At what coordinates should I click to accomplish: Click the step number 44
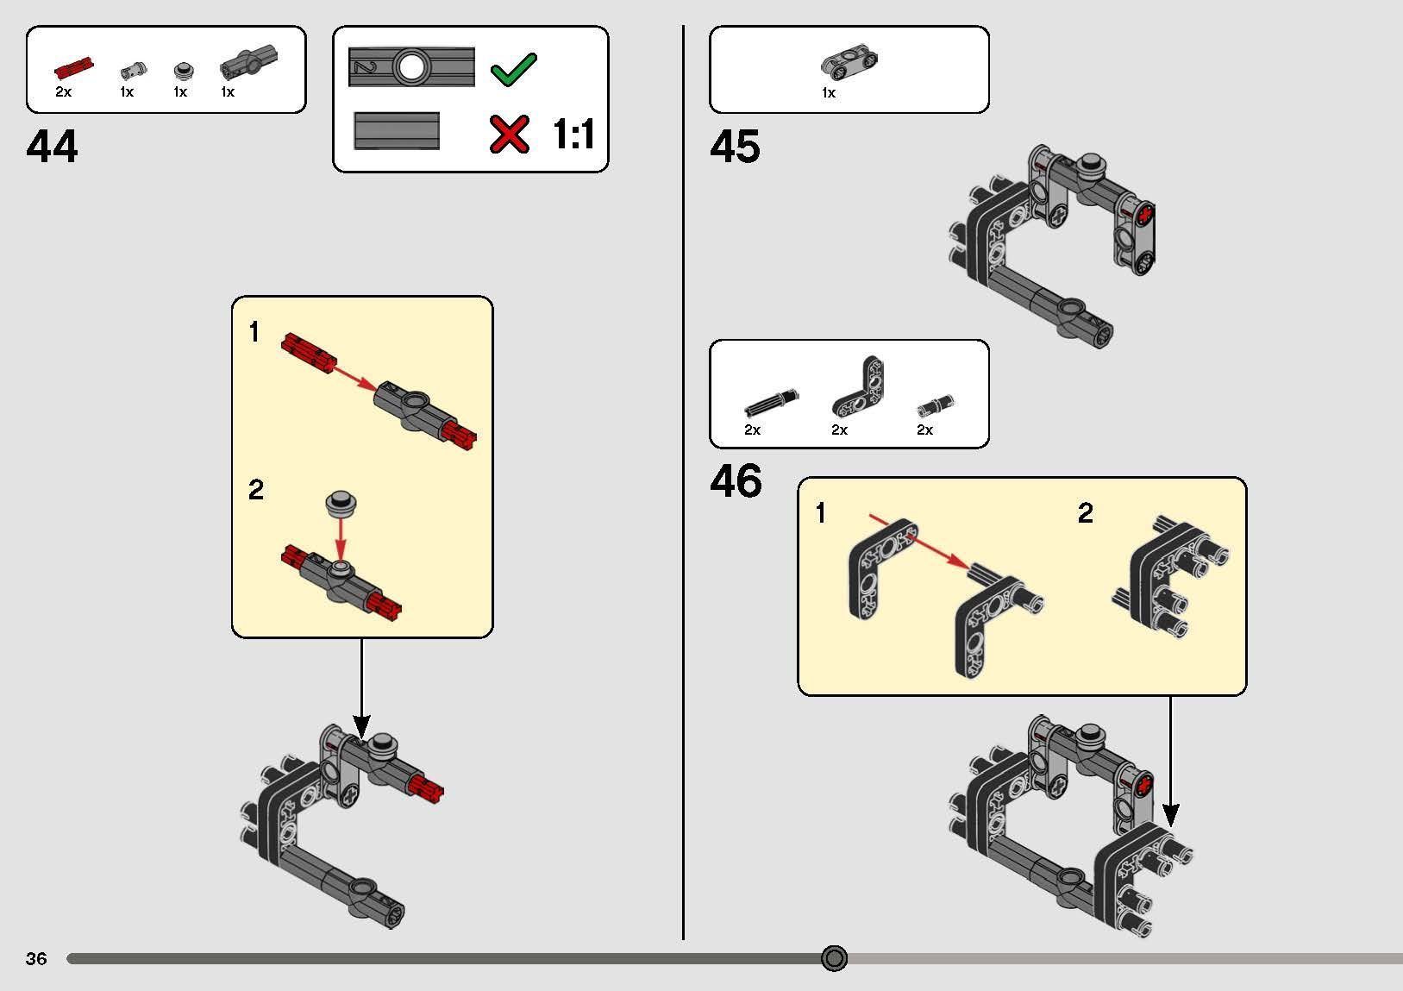[x=52, y=147]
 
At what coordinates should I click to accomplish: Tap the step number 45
[x=736, y=147]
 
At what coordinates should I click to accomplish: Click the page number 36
[x=36, y=958]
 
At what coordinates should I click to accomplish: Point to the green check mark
[x=514, y=69]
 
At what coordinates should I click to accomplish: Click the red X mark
[x=510, y=134]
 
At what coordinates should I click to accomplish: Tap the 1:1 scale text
[x=573, y=134]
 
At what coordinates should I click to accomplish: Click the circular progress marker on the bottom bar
[x=834, y=958]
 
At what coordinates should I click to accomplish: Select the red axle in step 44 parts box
[x=74, y=68]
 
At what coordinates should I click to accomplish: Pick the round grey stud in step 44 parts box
[x=184, y=71]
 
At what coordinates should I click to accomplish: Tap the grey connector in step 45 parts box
[x=849, y=62]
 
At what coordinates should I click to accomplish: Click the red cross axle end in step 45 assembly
[x=1145, y=215]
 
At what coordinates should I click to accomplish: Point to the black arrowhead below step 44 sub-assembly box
[x=361, y=726]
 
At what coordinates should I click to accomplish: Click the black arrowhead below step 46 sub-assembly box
[x=1171, y=815]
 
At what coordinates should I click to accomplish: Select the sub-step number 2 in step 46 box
[x=1086, y=513]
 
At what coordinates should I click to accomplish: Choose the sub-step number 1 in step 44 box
[x=254, y=331]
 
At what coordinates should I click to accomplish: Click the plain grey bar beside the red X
[x=397, y=131]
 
